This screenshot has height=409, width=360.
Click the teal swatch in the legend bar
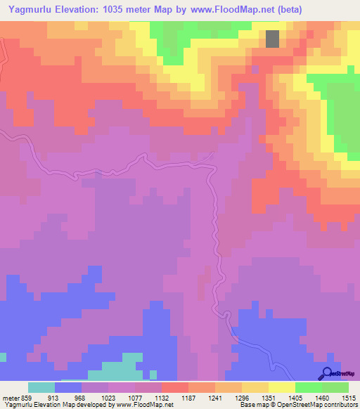pos(41,387)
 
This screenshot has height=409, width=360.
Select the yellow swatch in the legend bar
pos(282,387)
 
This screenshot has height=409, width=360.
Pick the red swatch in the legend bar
pos(175,387)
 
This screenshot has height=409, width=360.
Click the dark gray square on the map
pos(272,39)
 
